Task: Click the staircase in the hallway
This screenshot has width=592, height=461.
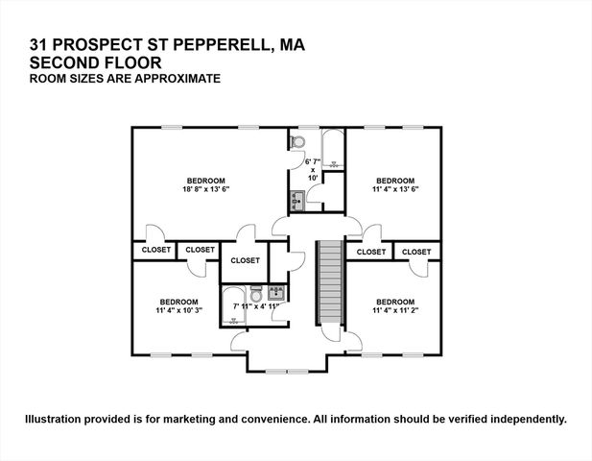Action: point(329,282)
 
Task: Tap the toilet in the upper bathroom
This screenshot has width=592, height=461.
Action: point(296,142)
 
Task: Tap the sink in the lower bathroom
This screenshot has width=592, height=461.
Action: point(275,292)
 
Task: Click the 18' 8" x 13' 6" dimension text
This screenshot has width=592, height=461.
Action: point(205,189)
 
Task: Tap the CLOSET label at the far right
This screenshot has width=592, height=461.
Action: point(416,252)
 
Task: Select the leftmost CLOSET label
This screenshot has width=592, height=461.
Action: point(155,250)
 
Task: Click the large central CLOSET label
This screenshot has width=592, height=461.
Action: point(245,260)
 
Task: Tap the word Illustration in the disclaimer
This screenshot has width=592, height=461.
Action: point(58,420)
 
